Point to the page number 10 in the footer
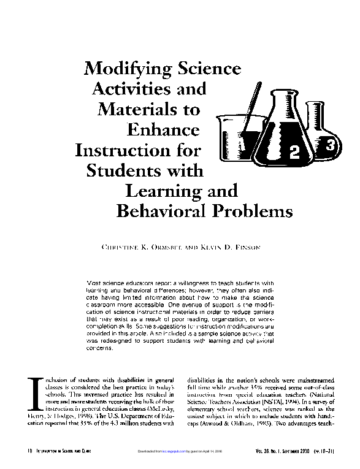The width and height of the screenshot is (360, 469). point(28,451)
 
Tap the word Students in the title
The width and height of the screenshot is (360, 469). point(123,170)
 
